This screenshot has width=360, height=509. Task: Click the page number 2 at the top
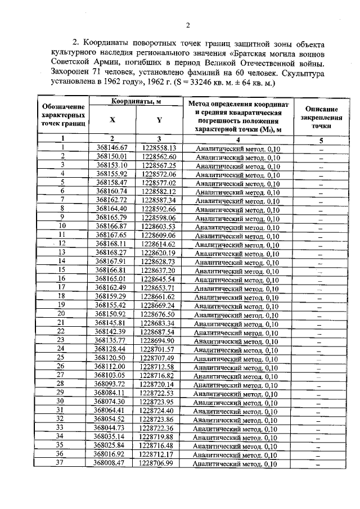coord(188,25)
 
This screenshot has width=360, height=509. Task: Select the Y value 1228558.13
coord(159,148)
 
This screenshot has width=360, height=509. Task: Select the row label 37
coord(62,462)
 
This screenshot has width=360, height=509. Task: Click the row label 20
coord(62,314)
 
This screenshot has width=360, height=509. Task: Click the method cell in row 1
coord(237,148)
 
